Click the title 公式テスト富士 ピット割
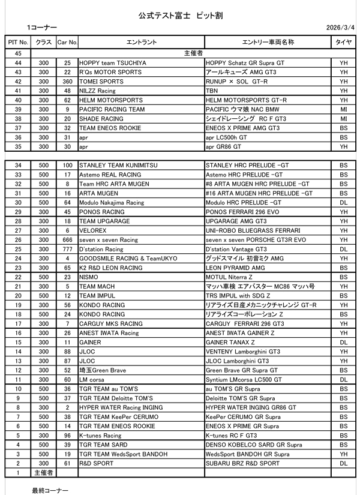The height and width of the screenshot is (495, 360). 180,13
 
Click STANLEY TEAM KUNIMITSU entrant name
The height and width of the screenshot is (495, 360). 117,164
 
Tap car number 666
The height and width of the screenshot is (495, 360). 67,240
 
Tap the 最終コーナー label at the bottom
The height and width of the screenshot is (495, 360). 50,489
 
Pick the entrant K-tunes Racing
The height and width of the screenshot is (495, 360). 100,435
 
